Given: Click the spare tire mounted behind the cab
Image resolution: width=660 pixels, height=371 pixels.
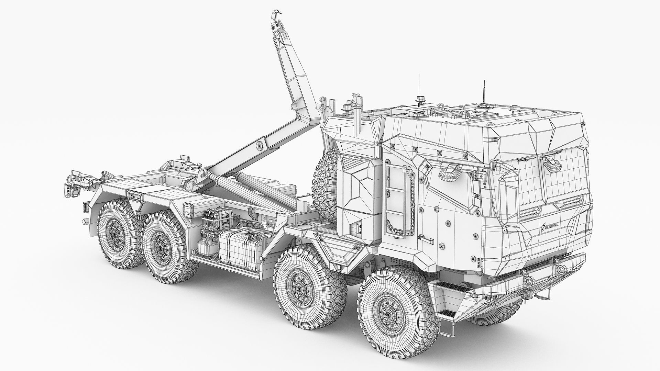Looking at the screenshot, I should [x=325, y=189].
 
